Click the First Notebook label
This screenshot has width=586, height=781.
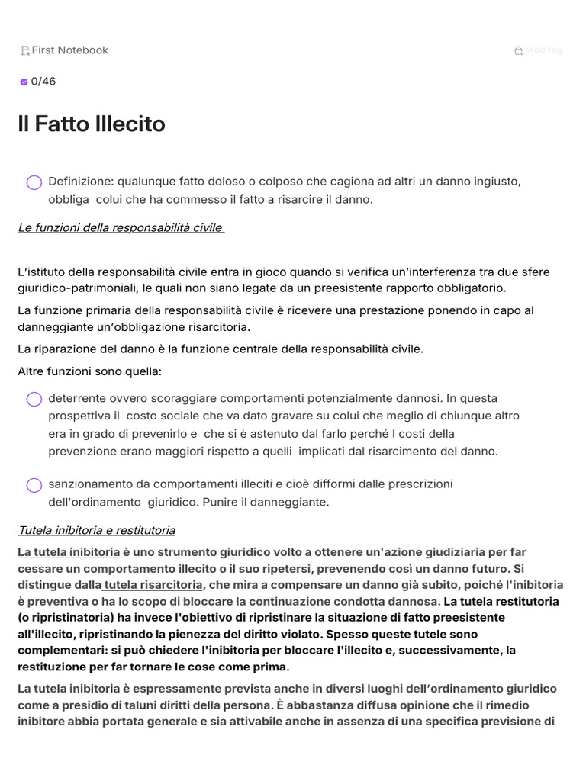tap(69, 50)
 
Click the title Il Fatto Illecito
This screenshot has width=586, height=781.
tap(92, 124)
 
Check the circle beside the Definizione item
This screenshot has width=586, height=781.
tap(34, 182)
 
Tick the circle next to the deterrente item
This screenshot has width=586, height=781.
tap(34, 399)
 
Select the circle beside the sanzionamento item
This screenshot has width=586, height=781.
tap(34, 485)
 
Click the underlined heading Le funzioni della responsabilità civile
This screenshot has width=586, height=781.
tap(121, 227)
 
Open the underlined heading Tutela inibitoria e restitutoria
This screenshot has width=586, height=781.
tap(96, 530)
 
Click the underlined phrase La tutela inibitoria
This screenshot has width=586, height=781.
tap(69, 552)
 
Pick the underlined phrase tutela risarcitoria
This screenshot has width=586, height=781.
tap(153, 585)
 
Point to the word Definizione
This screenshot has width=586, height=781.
tap(80, 182)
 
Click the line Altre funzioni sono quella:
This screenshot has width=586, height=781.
tap(89, 371)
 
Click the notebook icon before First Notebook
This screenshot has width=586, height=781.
tap(25, 51)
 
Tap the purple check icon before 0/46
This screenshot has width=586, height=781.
tap(24, 82)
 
